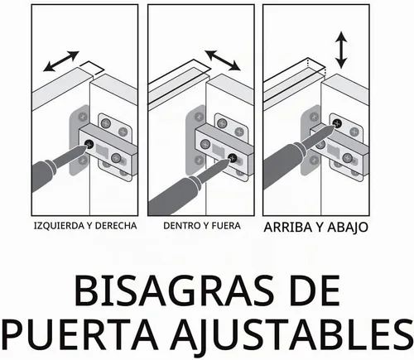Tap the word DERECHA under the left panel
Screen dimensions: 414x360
pos(116,226)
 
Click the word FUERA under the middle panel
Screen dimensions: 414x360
pos(225,226)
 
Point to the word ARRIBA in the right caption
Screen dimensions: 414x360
pos(288,228)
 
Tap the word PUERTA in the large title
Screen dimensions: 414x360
pos(79,334)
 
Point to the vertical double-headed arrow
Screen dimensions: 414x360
pos(341,50)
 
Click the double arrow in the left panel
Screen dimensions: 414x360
pos(61,61)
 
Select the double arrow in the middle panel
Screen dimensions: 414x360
pos(223,60)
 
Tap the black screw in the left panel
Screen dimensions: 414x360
pos(89,144)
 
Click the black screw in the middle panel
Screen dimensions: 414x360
pos(233,158)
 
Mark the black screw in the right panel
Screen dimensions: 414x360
pos(337,123)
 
